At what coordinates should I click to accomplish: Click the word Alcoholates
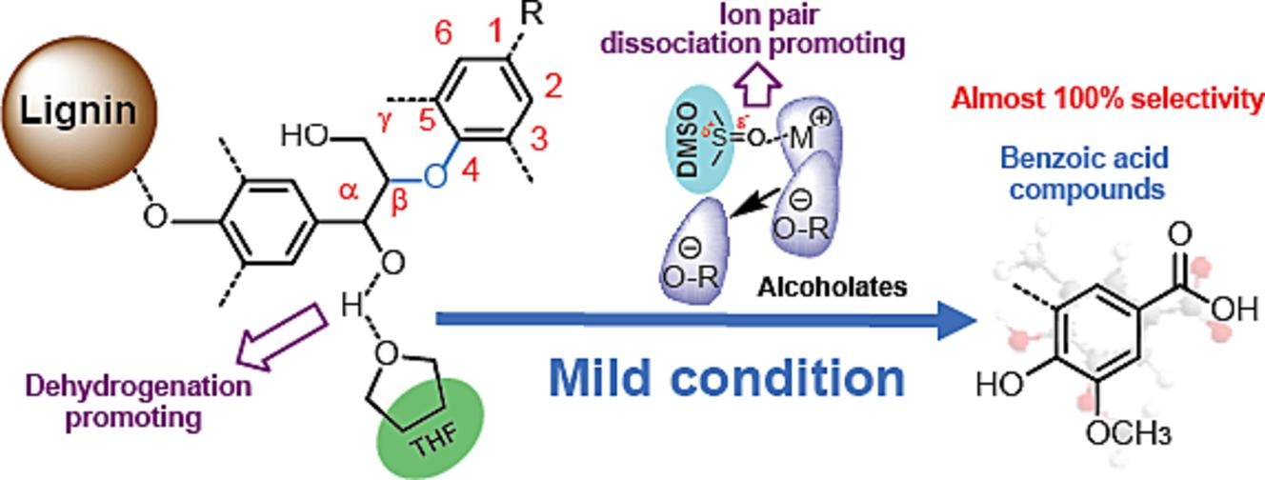pyautogui.click(x=841, y=287)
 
